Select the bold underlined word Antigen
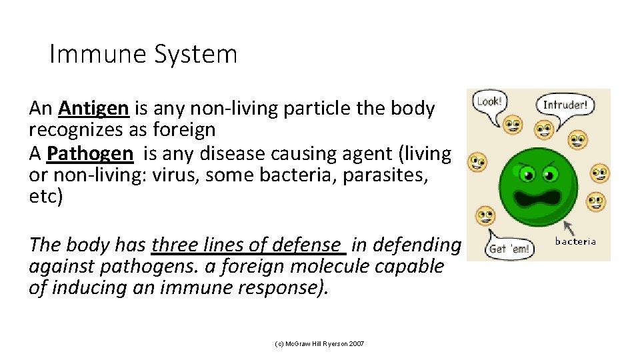pos(93,108)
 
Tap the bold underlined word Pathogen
pos(90,153)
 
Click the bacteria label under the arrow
pos(575,241)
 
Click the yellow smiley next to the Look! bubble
pos(511,123)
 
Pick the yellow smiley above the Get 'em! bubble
pos(485,217)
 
